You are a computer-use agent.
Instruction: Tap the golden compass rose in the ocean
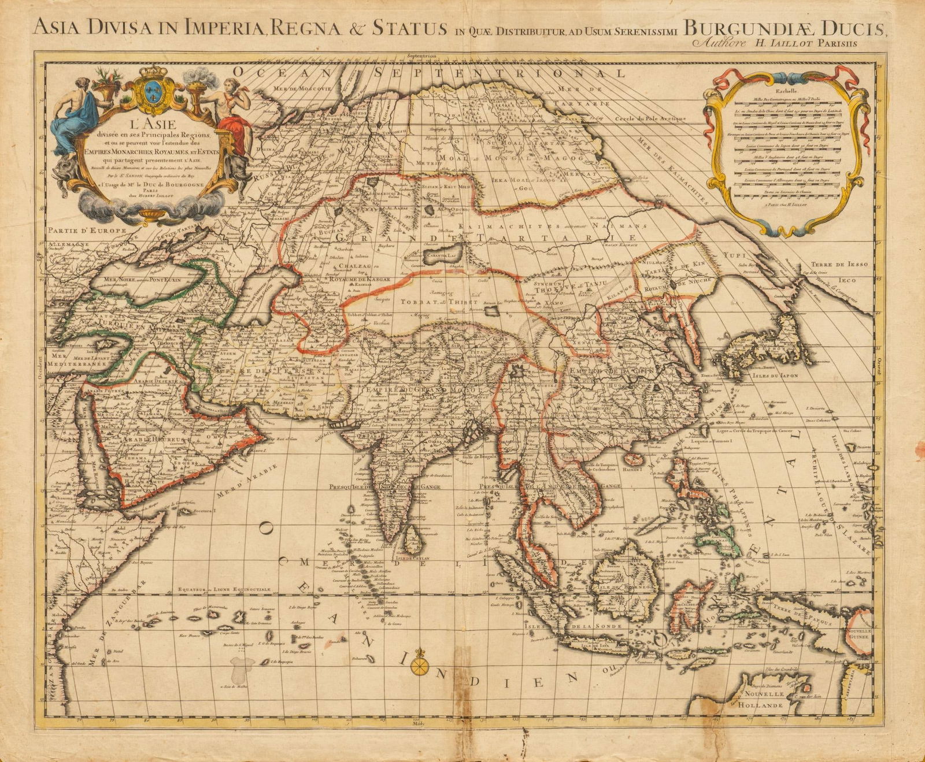pyautogui.click(x=421, y=667)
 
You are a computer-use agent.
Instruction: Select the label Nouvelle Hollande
pyautogui.click(x=764, y=700)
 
